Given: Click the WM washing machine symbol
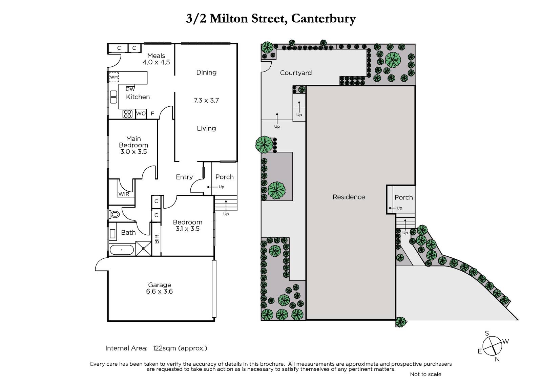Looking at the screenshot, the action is tap(114, 77).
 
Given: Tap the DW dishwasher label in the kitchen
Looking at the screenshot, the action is tap(130, 89).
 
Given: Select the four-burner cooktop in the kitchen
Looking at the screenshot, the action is tap(127, 114).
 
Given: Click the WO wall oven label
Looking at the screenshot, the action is tap(141, 113).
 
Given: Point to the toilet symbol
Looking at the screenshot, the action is tap(114, 214).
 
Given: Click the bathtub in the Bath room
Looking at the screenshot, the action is tap(122, 250).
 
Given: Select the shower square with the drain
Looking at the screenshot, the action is tap(144, 249).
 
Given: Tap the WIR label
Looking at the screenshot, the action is tap(124, 194).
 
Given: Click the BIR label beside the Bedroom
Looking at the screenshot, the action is tap(157, 239).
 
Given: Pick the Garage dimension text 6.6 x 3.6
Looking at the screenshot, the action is tap(160, 291).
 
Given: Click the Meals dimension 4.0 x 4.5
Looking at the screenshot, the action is tap(156, 62).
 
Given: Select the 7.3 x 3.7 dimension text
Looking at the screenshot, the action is tap(206, 101).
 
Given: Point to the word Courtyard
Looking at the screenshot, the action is tap(296, 73).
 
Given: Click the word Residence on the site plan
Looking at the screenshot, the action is tap(349, 197).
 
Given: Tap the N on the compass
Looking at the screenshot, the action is tap(497, 359).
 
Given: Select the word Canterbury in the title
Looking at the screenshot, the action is tap(324, 19).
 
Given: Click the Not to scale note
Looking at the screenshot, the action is tap(425, 374).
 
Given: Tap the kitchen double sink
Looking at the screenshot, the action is tap(113, 97).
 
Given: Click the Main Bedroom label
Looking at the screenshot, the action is tap(133, 142).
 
